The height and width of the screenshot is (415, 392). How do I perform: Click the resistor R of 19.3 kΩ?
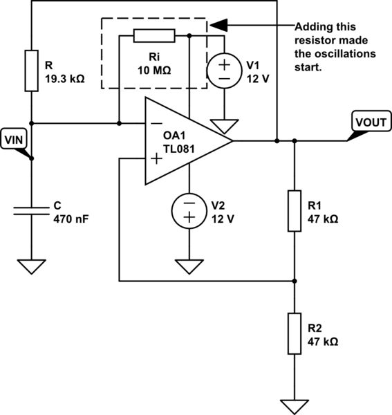tap(32, 70)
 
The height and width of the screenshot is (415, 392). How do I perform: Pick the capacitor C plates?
tap(32, 211)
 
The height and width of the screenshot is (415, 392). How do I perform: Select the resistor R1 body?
tap(295, 210)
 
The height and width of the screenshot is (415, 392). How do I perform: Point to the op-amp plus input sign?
tap(157, 159)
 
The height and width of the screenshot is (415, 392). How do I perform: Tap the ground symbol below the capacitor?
tap(32, 266)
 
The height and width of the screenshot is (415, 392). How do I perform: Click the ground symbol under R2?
tap(295, 407)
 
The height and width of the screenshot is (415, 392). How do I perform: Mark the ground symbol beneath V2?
tap(189, 266)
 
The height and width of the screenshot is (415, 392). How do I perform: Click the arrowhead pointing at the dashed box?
tap(216, 26)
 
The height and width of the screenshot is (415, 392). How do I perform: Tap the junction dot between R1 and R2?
tap(295, 281)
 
